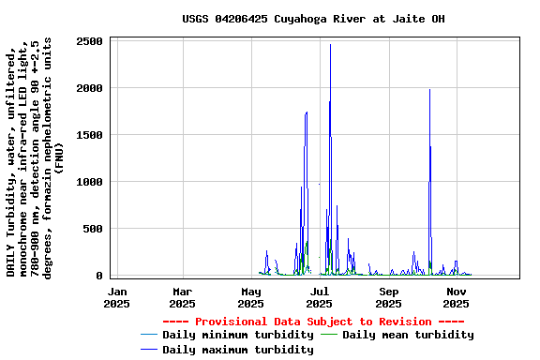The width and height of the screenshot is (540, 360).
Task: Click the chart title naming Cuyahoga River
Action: tap(313, 19)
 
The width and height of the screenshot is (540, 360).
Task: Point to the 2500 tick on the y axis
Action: tap(90, 41)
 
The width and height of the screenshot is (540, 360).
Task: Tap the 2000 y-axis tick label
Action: tap(90, 88)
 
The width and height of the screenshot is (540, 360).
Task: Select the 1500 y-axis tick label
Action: tap(90, 135)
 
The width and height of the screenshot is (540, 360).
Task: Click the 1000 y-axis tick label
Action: tap(90, 182)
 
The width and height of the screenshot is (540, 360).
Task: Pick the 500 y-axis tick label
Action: tap(94, 229)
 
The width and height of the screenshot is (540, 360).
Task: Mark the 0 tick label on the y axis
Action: tap(98, 276)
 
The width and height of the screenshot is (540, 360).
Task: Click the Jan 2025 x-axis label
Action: tap(116, 297)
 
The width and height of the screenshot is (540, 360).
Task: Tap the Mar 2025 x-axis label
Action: tap(183, 297)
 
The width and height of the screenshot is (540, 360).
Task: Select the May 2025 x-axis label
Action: tap(251, 297)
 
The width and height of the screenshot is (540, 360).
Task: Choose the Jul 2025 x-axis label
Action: tap(320, 297)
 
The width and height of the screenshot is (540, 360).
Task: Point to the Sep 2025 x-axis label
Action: tap(388, 297)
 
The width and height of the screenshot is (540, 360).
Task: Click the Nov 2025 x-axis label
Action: tap(456, 297)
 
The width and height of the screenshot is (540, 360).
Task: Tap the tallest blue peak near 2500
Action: tap(330, 46)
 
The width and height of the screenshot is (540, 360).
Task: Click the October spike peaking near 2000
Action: tap(429, 91)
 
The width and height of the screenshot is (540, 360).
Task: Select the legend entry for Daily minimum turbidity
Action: tap(238, 335)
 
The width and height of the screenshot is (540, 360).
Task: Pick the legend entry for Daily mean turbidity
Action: tap(408, 335)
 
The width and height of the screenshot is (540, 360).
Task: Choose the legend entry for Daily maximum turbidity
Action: tap(238, 350)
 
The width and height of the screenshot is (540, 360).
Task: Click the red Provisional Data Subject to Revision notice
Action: tap(313, 321)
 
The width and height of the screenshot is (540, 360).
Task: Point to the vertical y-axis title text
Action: tap(35, 157)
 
